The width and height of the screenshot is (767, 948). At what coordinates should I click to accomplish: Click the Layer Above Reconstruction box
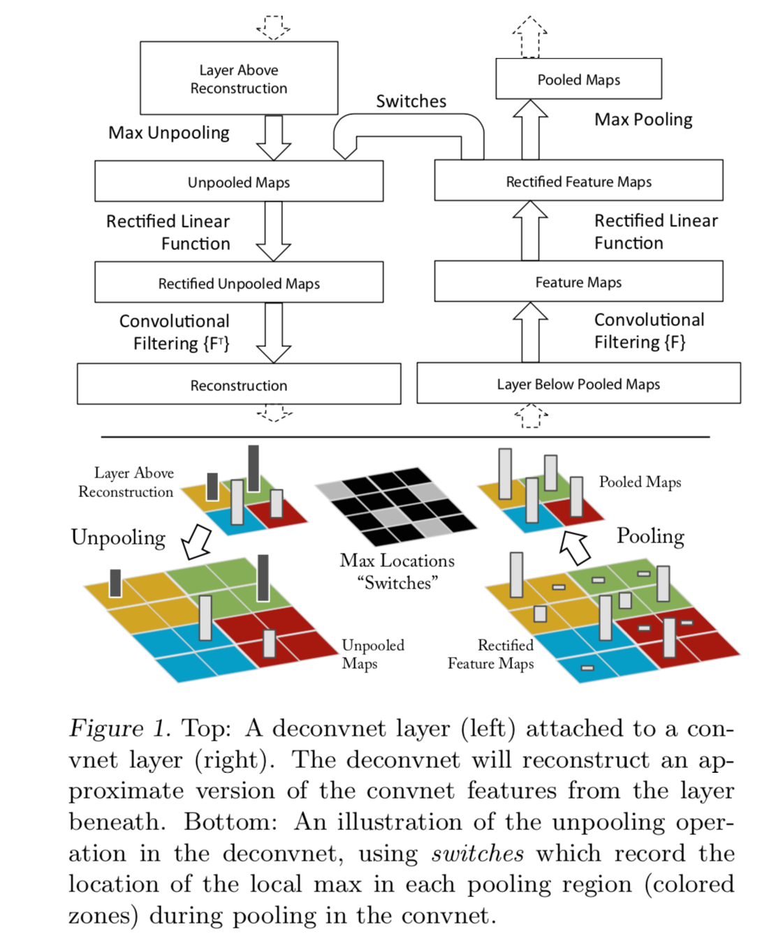tap(239, 78)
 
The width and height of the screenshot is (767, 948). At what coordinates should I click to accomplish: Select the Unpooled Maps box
tap(239, 182)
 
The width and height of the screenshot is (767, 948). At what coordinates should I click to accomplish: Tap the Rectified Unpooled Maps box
tap(239, 283)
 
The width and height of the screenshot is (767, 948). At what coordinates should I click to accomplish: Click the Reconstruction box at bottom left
tap(239, 385)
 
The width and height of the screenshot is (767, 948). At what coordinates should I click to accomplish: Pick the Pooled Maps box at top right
tap(578, 79)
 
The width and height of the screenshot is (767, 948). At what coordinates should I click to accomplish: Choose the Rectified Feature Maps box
tap(578, 181)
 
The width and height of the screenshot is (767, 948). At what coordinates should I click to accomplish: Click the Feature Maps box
tap(578, 281)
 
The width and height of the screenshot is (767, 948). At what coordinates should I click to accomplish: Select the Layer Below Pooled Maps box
tap(578, 383)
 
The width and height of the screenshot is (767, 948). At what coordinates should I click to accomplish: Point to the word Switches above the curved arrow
tap(411, 101)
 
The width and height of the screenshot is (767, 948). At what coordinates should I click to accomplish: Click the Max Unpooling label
tap(169, 133)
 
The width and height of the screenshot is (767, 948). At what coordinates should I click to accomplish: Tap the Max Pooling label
tap(643, 119)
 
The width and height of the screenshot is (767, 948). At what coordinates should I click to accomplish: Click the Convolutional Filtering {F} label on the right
tap(648, 331)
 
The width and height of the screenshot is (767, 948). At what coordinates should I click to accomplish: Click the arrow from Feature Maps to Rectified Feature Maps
tap(530, 231)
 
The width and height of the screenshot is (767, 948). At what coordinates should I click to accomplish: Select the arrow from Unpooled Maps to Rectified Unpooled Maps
tap(273, 231)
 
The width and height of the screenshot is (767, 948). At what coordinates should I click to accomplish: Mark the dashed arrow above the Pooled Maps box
tap(529, 36)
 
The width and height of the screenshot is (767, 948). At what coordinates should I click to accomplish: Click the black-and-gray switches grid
tap(395, 506)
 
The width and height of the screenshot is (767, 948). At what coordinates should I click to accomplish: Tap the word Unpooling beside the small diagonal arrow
tap(118, 537)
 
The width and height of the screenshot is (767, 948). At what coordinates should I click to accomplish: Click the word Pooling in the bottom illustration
tap(650, 535)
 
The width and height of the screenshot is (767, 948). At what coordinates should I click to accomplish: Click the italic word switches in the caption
tap(478, 853)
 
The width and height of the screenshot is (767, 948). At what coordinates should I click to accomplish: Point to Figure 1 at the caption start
tap(119, 728)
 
